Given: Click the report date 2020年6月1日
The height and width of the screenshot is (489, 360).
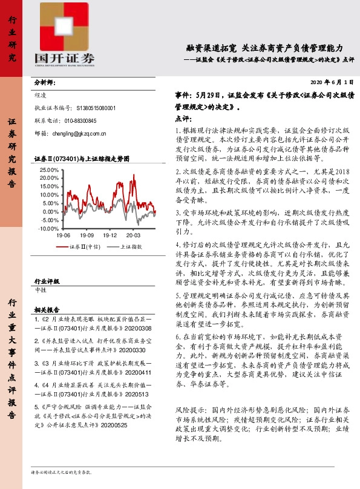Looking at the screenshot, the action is [332, 82].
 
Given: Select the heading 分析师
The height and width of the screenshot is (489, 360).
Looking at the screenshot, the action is [45, 82].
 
